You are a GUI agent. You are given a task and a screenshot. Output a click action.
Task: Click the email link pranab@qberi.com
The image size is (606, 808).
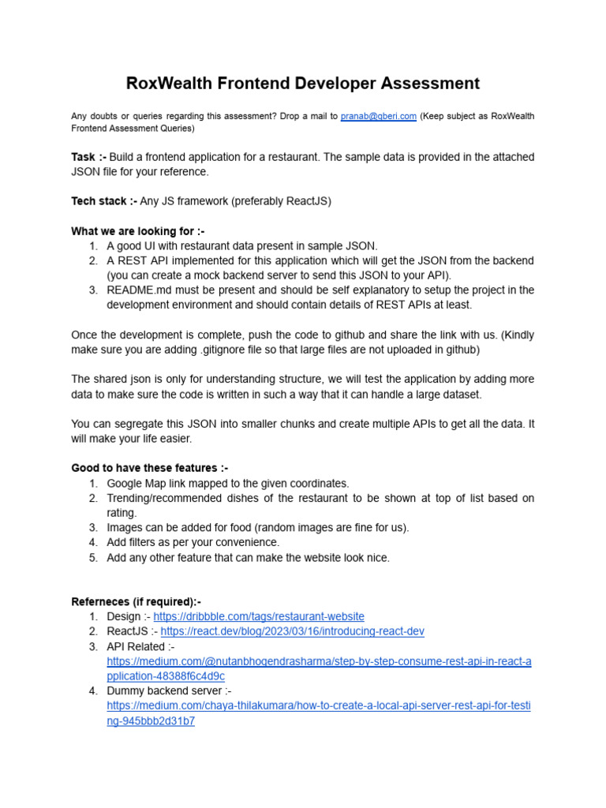(x=378, y=116)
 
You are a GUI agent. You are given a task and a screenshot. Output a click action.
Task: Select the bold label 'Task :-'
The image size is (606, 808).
(x=89, y=157)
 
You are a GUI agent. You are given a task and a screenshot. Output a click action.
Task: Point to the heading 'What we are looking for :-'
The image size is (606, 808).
(x=138, y=230)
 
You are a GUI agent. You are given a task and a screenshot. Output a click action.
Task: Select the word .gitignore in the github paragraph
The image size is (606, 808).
(x=222, y=349)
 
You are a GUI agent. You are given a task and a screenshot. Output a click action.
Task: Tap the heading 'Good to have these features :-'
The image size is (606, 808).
(x=150, y=468)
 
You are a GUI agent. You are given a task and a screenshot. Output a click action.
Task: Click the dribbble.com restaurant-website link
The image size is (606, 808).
(x=259, y=616)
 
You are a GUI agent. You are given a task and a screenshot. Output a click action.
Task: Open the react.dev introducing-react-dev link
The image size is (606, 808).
(x=293, y=631)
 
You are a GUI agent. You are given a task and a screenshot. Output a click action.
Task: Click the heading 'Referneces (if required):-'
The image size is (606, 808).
(x=137, y=601)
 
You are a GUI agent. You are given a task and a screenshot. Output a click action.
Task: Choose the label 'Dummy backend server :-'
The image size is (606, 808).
(x=169, y=691)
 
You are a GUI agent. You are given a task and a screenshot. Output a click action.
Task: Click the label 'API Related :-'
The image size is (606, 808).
(x=141, y=646)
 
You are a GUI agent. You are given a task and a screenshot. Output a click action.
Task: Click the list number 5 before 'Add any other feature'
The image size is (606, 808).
(x=92, y=558)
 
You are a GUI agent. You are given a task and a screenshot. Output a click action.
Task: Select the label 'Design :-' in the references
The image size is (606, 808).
(x=128, y=616)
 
